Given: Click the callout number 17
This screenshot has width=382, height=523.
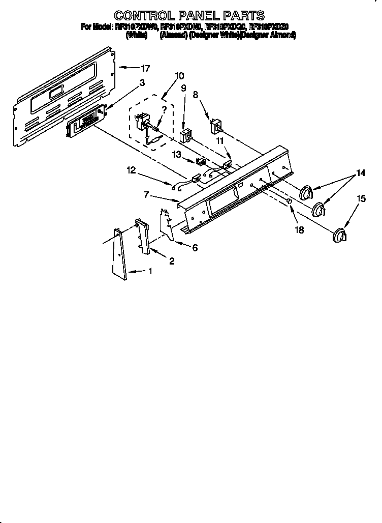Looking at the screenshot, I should click(x=145, y=68).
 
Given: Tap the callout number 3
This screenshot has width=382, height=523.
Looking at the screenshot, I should click(x=142, y=82).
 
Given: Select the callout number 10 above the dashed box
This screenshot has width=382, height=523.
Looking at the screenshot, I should click(x=179, y=76).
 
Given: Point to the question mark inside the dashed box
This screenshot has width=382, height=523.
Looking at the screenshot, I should click(x=164, y=109).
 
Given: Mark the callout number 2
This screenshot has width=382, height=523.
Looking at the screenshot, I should click(x=172, y=261).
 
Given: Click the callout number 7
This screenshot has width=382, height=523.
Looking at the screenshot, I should click(x=146, y=194).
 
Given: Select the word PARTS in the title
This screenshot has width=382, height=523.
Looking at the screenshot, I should click(x=241, y=15).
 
